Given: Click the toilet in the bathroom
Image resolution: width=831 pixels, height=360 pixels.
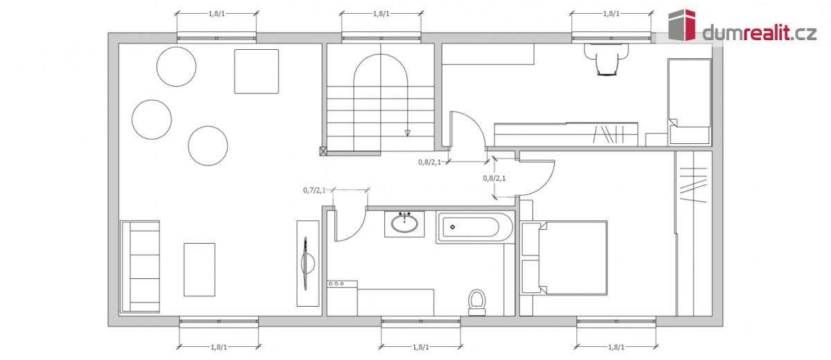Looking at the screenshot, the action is coord(476,302).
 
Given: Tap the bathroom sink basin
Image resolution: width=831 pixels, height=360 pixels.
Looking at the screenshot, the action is coord(404,224).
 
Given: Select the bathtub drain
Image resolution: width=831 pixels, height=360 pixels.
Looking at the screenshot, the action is coord(453,227).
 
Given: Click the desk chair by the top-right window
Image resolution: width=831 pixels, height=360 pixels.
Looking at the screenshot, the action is coord(607,60).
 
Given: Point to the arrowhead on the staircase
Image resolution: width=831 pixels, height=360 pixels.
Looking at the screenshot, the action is coord(407,133).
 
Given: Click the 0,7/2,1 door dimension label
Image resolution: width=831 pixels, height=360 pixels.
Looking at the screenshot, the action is coord(314,190).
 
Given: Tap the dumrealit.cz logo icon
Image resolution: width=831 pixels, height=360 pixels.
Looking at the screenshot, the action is coord(682,25).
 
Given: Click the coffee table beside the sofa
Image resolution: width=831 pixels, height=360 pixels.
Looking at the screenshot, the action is coord(199,269).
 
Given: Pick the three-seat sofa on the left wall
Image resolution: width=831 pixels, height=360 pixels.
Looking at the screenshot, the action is coord(140,267).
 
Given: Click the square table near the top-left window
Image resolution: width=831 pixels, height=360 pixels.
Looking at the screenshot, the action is coord(256,71).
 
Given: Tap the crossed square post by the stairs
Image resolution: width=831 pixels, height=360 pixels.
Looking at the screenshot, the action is coord(323,150).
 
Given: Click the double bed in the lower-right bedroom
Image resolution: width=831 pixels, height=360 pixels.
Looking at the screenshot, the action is coord(564,258).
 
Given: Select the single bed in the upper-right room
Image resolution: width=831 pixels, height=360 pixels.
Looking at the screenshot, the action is coord(689,101).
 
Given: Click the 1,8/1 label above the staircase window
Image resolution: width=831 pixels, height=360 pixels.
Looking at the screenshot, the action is coord(382,14).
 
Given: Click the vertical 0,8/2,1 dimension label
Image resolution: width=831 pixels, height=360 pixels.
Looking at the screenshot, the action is coord(494,178).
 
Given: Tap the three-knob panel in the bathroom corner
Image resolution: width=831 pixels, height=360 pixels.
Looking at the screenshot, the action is coord(342,284).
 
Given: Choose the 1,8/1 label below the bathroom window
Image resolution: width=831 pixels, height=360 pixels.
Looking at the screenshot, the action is coord(421,347).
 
